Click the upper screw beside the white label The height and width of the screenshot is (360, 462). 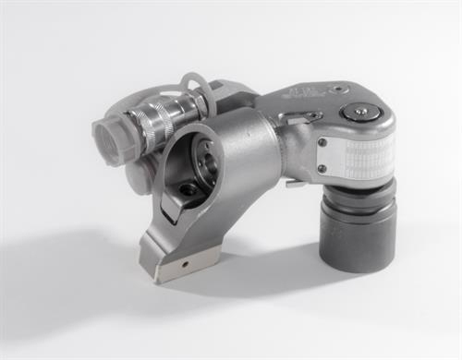tap(322, 143)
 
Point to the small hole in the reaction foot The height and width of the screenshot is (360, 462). tap(184, 262)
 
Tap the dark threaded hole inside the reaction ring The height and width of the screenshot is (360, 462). tap(188, 189)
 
